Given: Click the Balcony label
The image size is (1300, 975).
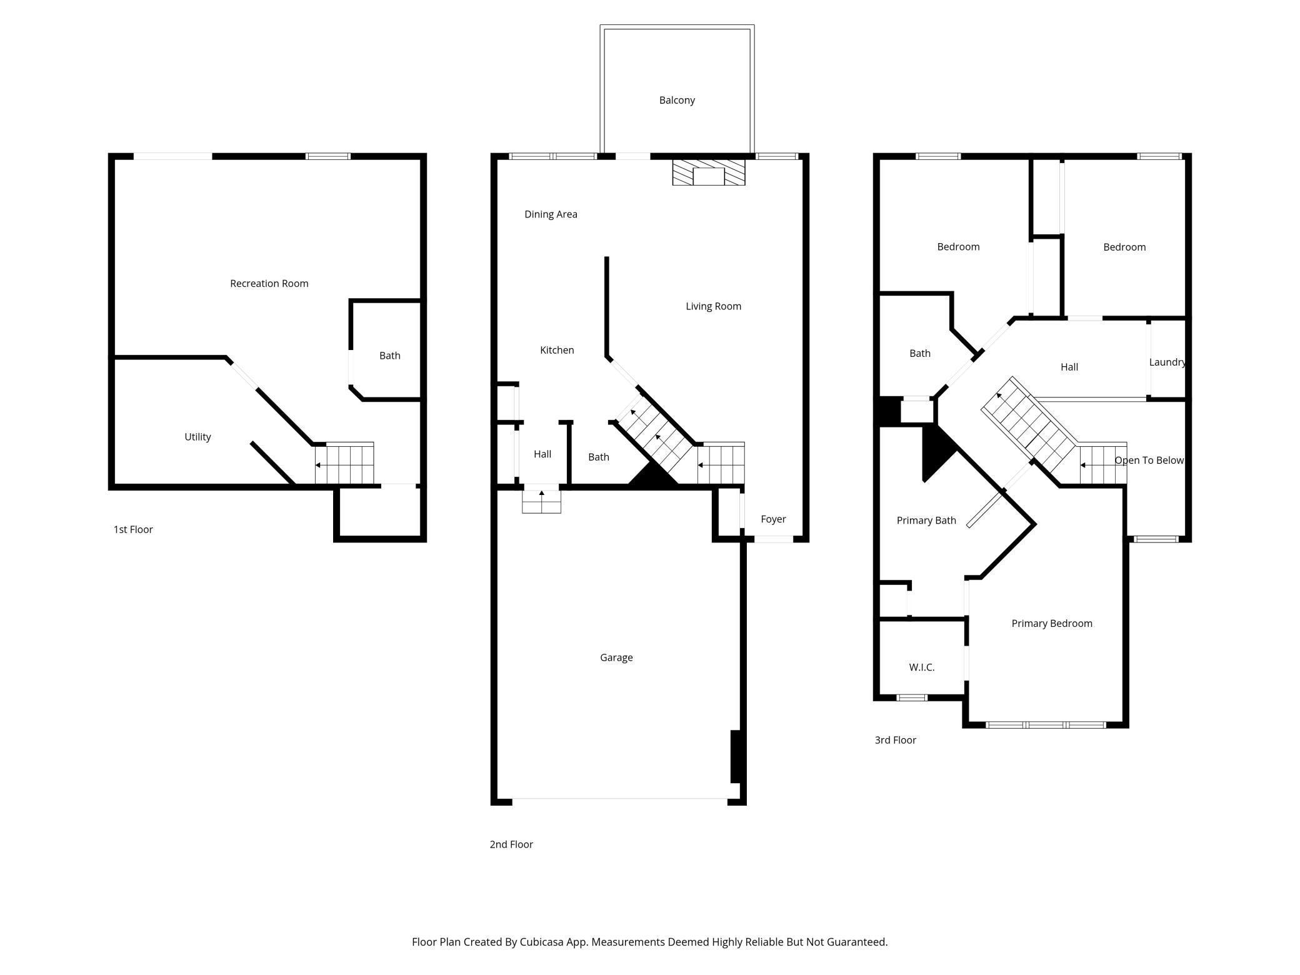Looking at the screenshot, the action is (x=677, y=100).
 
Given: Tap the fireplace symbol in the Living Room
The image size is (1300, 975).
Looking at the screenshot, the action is (x=709, y=172).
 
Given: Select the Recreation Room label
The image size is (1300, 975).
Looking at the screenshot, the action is (x=269, y=283).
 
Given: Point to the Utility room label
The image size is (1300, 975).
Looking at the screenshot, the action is (x=197, y=437).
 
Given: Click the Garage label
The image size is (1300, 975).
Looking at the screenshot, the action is (x=616, y=657).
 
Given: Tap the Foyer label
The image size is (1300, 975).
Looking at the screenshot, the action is (x=773, y=519).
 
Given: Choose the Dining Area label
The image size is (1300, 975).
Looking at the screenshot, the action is (x=551, y=214).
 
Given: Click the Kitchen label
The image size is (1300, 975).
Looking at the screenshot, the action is (x=557, y=350).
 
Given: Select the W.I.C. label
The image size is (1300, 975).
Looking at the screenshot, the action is (x=922, y=667).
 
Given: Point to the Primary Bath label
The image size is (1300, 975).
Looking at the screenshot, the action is (x=926, y=521).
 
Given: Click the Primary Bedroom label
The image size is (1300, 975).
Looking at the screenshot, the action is (x=1052, y=623).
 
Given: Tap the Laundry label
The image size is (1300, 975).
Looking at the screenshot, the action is (x=1167, y=362).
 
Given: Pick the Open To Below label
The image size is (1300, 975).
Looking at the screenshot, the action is (x=1149, y=460).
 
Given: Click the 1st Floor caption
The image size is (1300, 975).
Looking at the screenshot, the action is (x=133, y=529).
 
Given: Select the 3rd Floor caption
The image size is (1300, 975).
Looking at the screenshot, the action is (x=895, y=740).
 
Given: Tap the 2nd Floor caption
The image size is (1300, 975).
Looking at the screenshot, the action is (x=511, y=844).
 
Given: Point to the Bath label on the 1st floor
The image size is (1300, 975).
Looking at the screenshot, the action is (x=390, y=356).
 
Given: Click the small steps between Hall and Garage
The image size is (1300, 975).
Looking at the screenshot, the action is (x=541, y=501).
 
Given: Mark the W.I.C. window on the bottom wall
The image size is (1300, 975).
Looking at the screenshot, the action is (x=911, y=697).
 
